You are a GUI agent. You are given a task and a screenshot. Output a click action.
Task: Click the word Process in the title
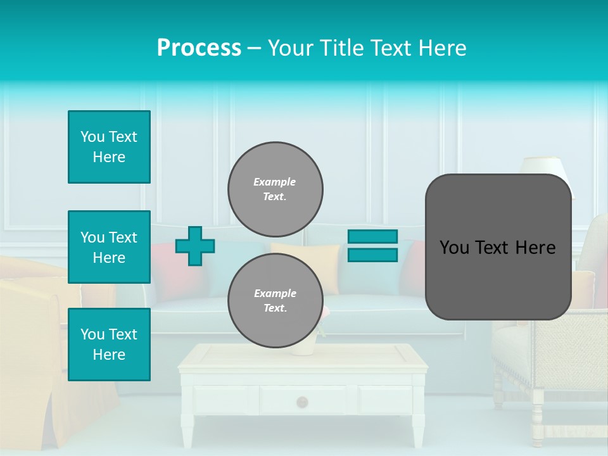click(199, 47)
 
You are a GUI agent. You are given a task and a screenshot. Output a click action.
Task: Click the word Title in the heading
click(339, 47)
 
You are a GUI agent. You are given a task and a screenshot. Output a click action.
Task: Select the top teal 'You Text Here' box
click(109, 147)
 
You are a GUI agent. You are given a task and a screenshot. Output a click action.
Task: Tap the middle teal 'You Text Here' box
click(109, 247)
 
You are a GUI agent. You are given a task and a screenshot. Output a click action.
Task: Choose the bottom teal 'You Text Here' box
click(109, 345)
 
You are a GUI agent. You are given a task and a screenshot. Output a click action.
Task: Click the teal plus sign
click(195, 246)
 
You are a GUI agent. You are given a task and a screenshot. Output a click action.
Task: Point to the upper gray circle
click(275, 189)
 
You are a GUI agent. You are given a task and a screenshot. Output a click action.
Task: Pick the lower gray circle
click(275, 300)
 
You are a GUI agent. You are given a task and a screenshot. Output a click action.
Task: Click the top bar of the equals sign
click(373, 236)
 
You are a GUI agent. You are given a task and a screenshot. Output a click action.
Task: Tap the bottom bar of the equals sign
click(373, 255)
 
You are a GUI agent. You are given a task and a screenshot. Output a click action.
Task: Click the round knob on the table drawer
click(302, 402)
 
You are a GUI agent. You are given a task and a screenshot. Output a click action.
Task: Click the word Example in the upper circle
click(274, 182)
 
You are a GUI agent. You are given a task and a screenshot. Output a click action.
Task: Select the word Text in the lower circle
click(274, 308)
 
